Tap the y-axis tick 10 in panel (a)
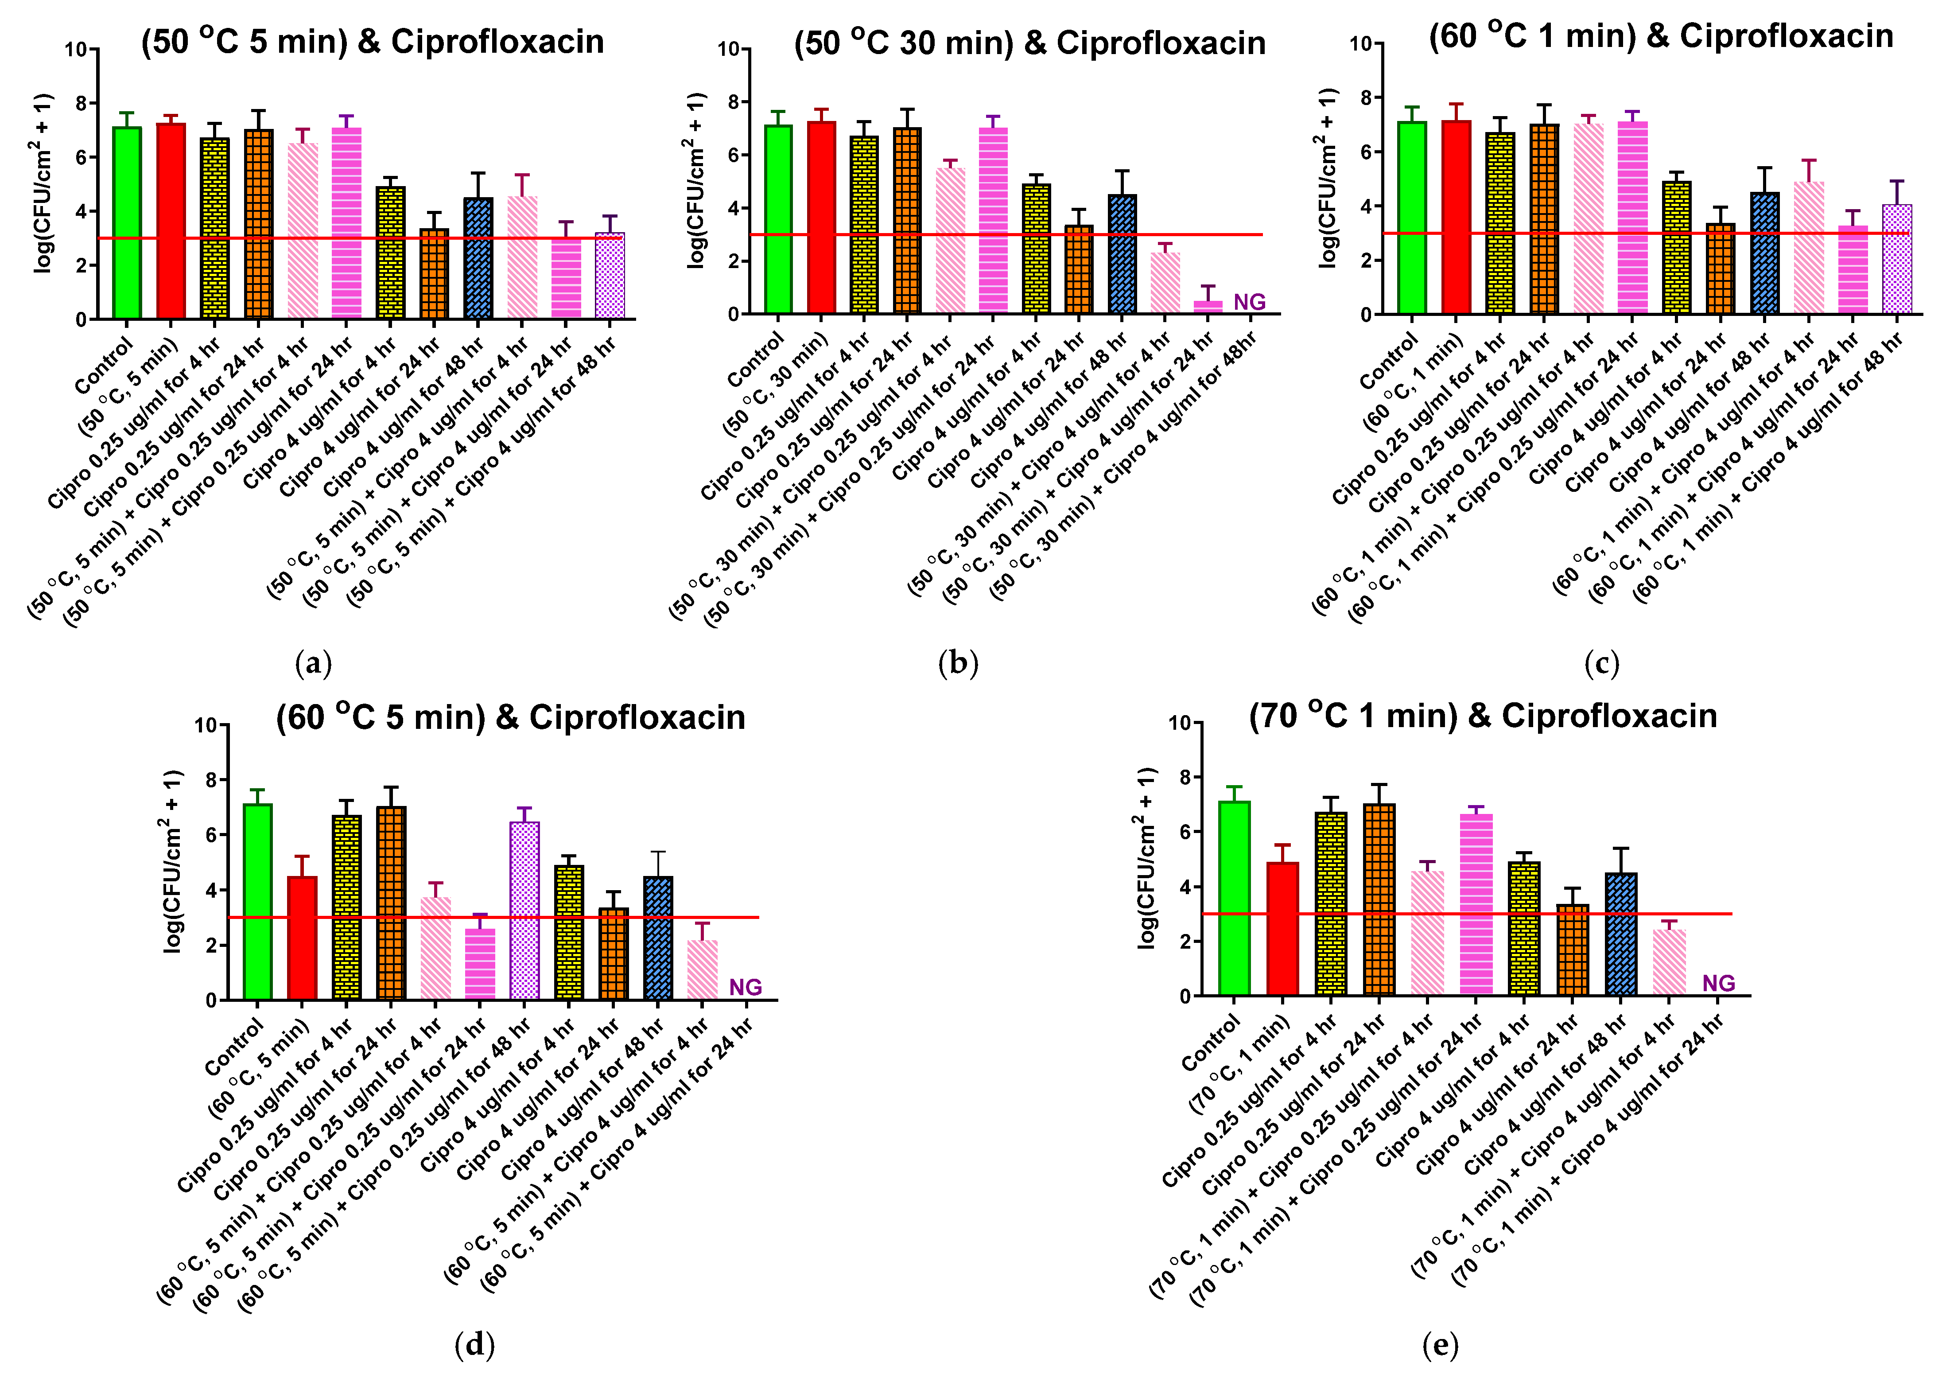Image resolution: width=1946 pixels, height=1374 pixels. [76, 49]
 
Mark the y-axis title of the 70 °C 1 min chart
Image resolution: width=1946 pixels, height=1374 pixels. [1146, 858]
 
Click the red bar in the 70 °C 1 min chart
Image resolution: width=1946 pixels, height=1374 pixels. [1282, 928]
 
